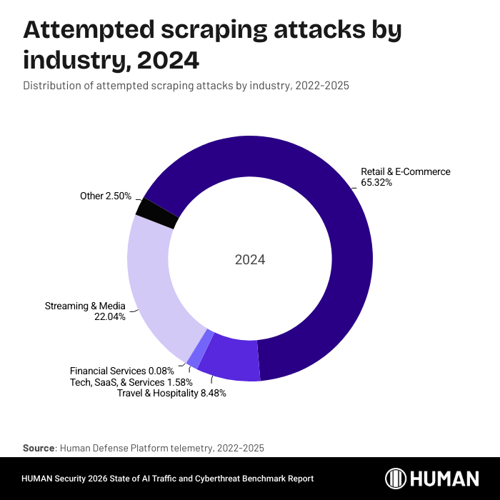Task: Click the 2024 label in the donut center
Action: (250, 260)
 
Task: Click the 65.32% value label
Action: (376, 183)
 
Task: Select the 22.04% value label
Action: (110, 317)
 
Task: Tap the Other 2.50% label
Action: (106, 196)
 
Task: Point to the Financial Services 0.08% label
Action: (121, 371)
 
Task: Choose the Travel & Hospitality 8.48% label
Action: (171, 394)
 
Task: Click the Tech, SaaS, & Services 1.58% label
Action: (131, 382)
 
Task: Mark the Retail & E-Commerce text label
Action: (406, 171)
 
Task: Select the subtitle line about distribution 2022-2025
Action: (186, 86)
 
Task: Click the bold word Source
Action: (39, 448)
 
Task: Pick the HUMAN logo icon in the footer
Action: (396, 479)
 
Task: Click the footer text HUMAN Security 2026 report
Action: (168, 479)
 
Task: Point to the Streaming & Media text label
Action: (85, 306)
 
